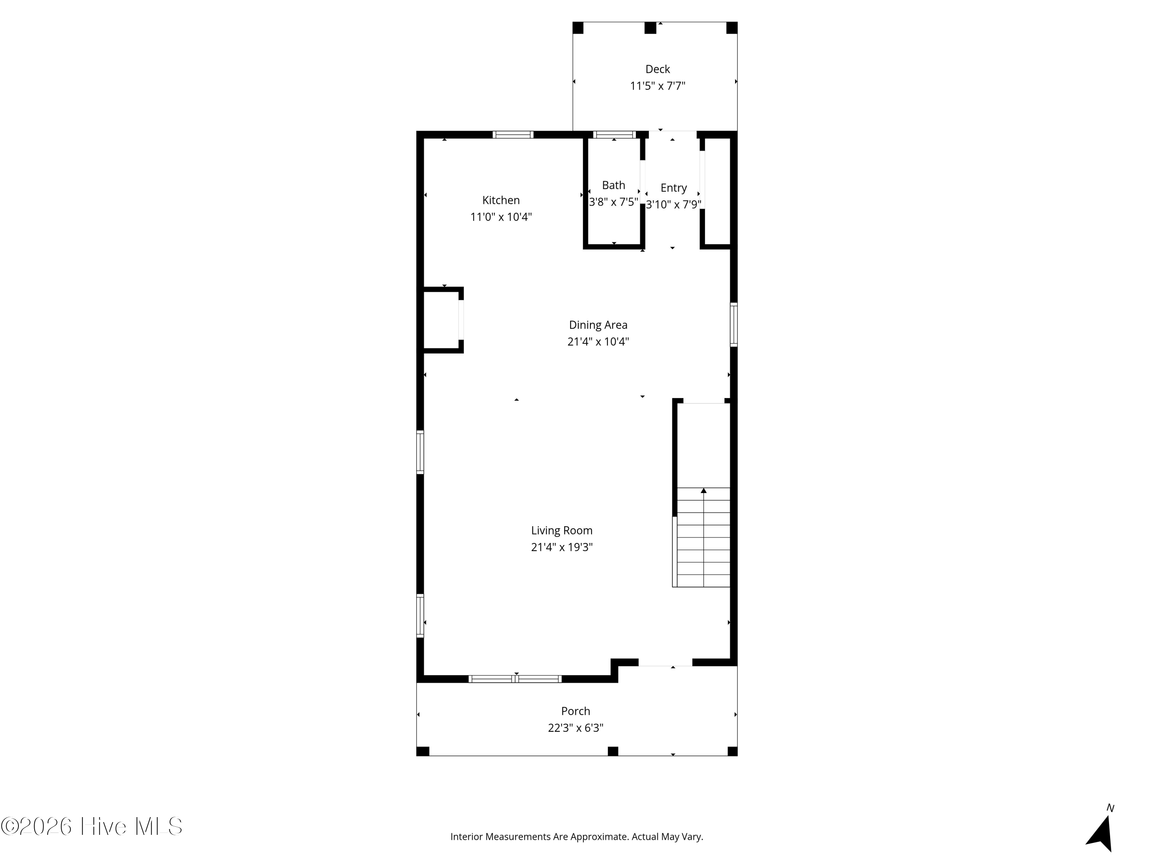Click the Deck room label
click(657, 69)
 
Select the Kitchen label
click(501, 200)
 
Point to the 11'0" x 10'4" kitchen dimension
click(501, 217)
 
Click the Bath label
click(614, 185)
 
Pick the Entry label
click(674, 188)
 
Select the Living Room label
click(562, 530)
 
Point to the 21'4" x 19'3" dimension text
click(562, 547)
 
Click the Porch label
click(575, 711)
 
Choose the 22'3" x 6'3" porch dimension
click(575, 728)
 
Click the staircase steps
click(703, 537)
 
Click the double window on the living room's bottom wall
click(515, 679)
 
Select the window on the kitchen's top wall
click(513, 135)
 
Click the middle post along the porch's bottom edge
click(613, 751)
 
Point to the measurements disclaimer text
click(577, 837)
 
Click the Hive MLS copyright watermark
click(92, 826)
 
